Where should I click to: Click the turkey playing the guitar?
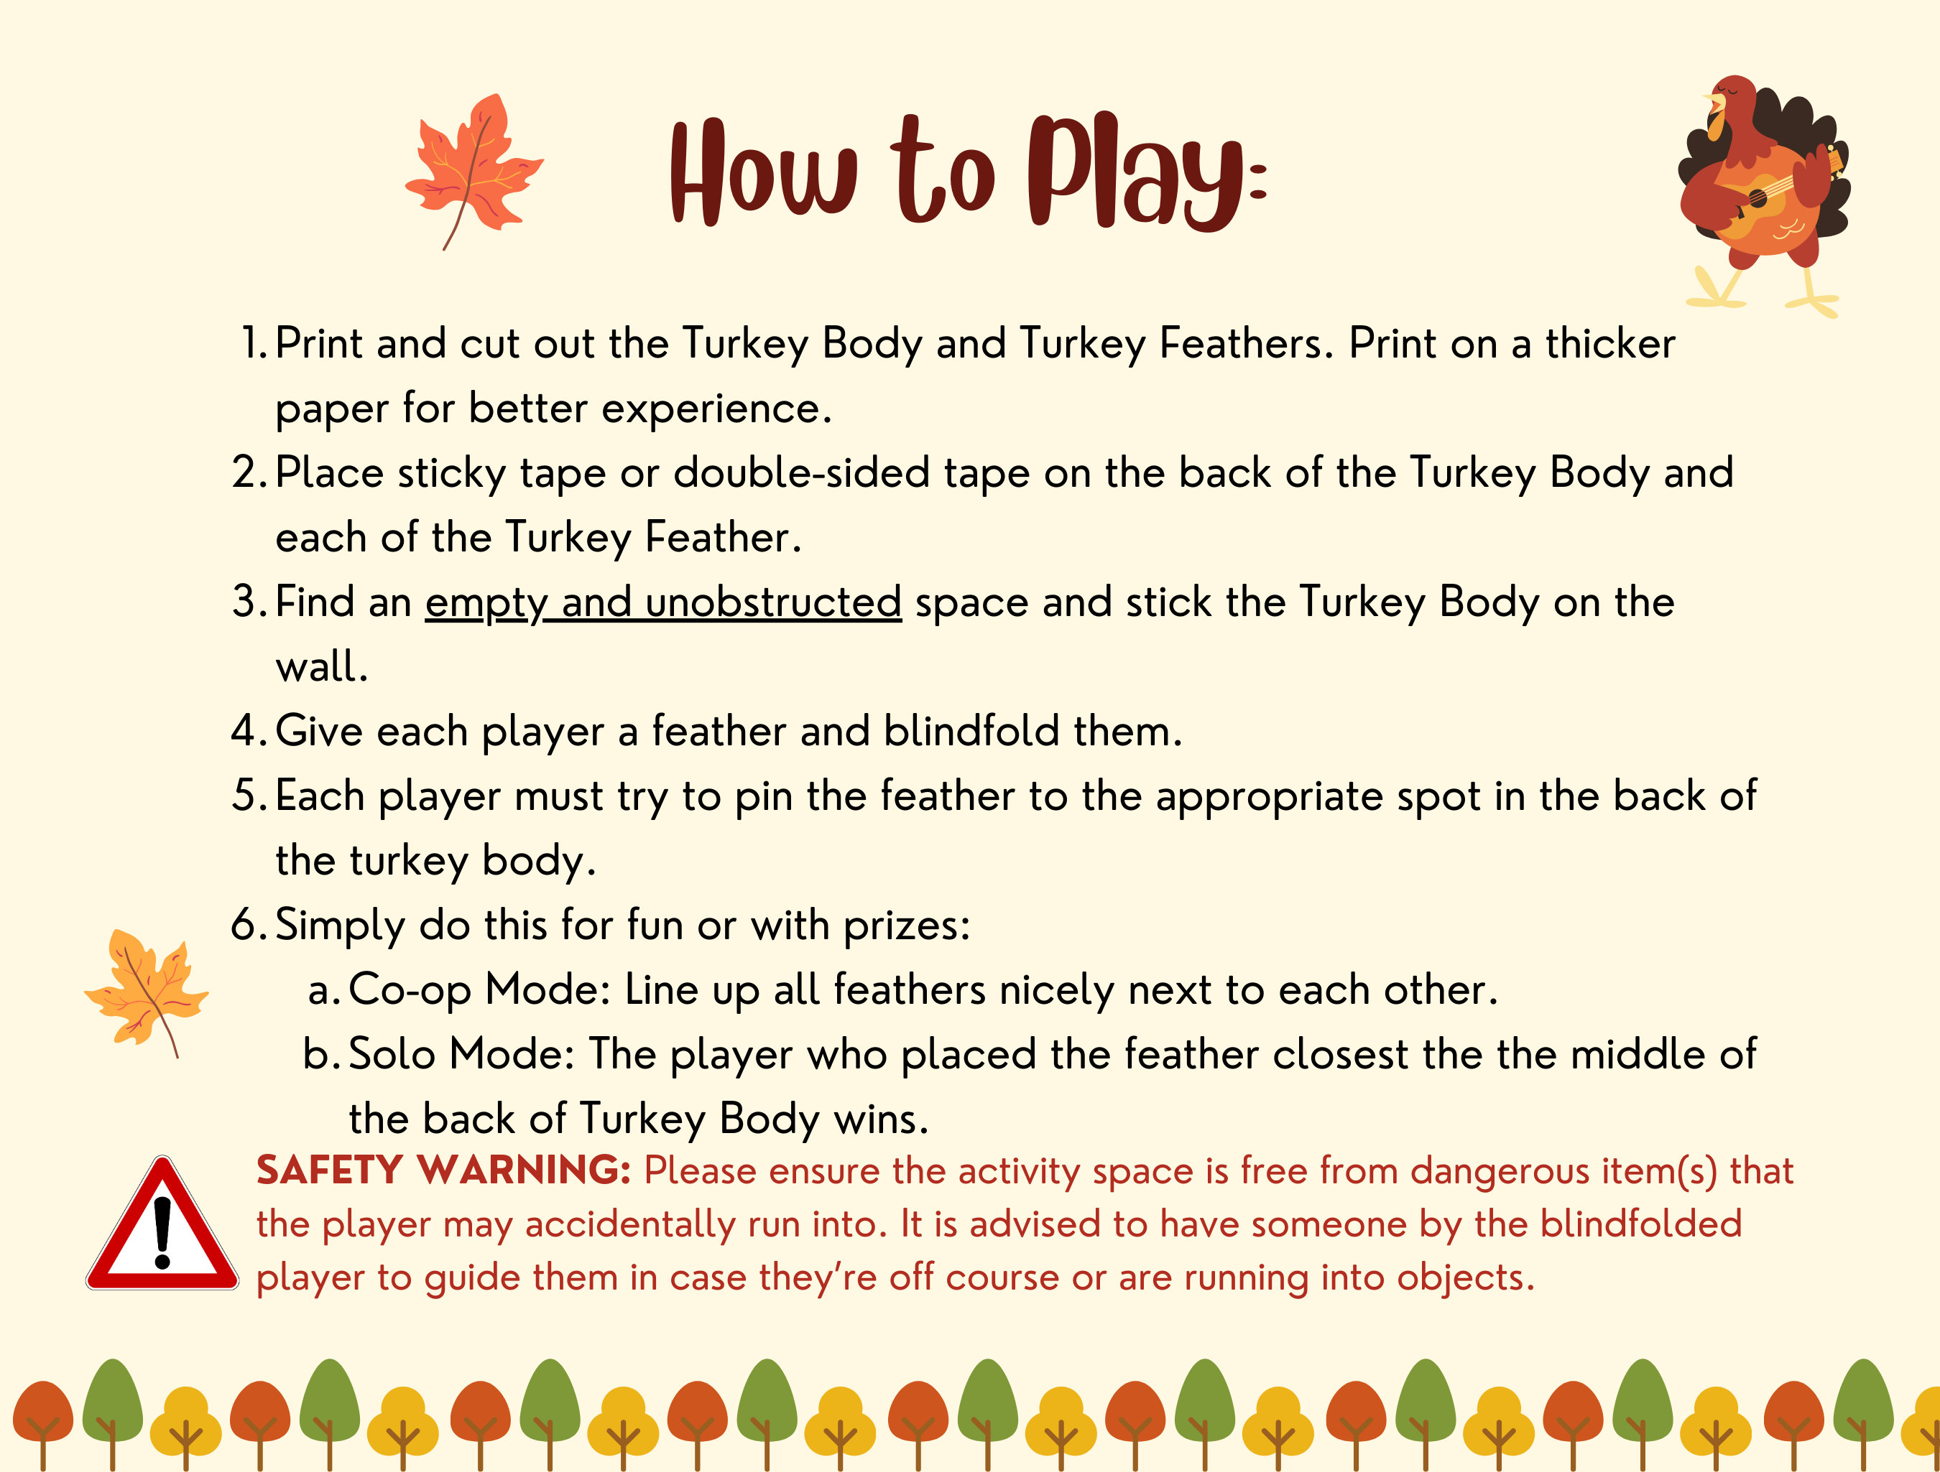[1763, 189]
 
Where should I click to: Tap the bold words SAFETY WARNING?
[443, 1170]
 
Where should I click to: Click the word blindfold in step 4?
[971, 731]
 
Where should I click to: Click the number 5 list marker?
[246, 796]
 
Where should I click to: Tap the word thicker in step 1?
[1609, 344]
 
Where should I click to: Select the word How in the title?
[763, 171]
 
